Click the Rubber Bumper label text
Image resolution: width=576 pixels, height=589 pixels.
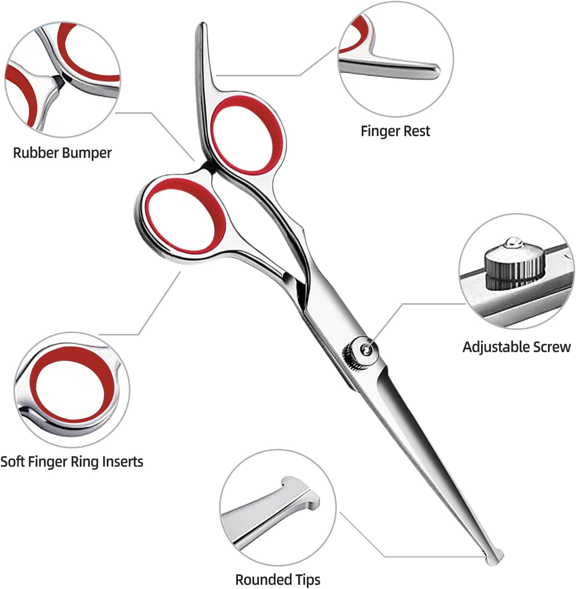click(x=62, y=153)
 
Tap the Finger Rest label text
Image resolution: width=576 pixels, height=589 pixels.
click(x=395, y=131)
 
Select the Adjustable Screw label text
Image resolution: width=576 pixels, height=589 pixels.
click(x=517, y=347)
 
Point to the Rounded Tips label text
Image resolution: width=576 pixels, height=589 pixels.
click(x=278, y=579)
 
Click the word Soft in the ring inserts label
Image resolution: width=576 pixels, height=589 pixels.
click(x=13, y=461)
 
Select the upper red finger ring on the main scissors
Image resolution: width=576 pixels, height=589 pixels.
click(x=247, y=135)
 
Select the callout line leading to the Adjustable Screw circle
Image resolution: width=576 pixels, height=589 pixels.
click(x=418, y=304)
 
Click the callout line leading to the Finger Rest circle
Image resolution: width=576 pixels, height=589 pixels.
click(x=276, y=75)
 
